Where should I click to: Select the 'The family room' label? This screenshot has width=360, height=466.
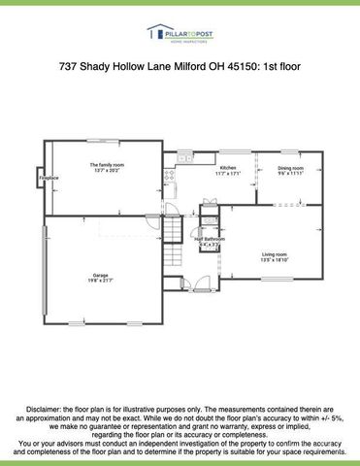coord(107,165)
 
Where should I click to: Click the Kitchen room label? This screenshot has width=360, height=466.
coord(227,168)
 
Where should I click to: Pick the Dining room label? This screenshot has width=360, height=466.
coord(290,168)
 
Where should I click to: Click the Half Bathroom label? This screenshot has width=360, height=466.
coord(210,238)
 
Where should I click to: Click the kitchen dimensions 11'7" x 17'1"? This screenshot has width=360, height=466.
coord(227,174)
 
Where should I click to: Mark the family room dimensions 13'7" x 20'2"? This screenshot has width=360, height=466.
coord(107,171)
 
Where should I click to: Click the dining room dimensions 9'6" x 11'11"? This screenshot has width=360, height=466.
coord(290,174)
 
